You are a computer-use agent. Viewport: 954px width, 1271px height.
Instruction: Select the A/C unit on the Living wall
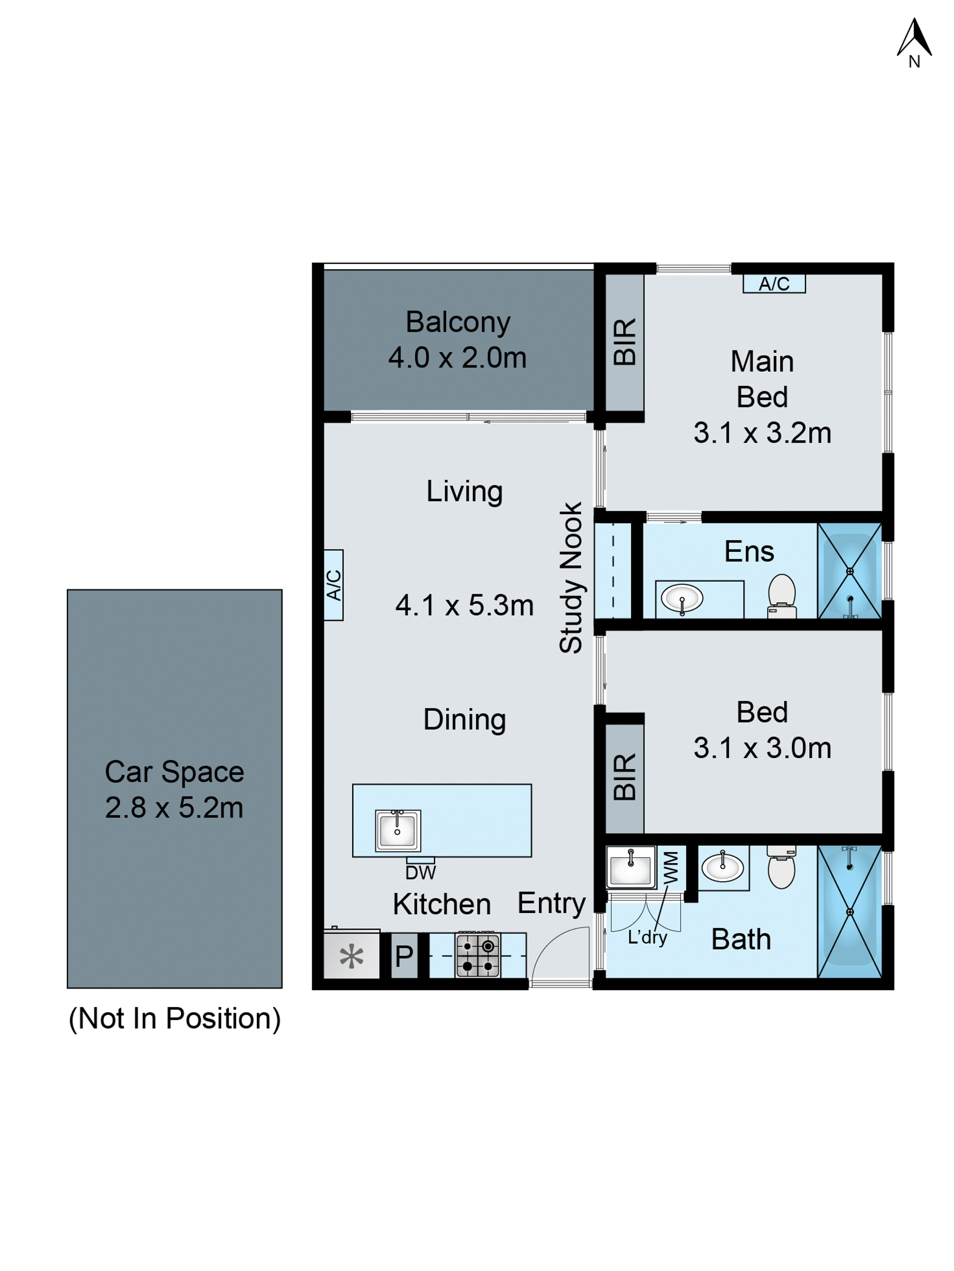tap(333, 585)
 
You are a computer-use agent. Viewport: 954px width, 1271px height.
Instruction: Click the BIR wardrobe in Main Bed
tap(625, 342)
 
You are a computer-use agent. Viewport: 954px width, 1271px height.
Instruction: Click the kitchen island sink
tap(398, 830)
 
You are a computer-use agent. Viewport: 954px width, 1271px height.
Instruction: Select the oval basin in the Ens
tap(682, 598)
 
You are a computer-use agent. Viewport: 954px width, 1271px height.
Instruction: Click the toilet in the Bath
tap(782, 868)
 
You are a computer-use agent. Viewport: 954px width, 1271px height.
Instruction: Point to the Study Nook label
tap(571, 577)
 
